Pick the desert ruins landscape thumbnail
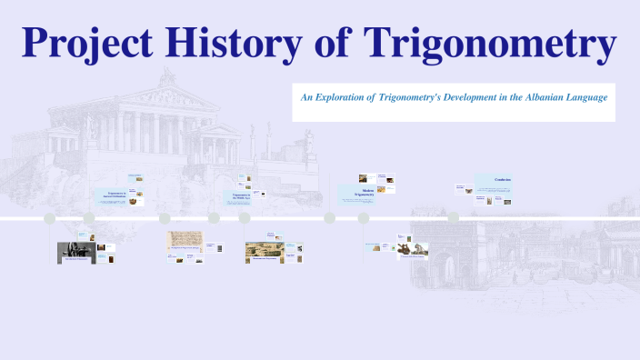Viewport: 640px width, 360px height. coord(265,251)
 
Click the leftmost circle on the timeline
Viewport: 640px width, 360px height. coord(50,218)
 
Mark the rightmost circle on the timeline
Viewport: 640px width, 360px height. coord(453,218)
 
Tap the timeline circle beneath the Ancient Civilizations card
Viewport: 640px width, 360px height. coord(89,218)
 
